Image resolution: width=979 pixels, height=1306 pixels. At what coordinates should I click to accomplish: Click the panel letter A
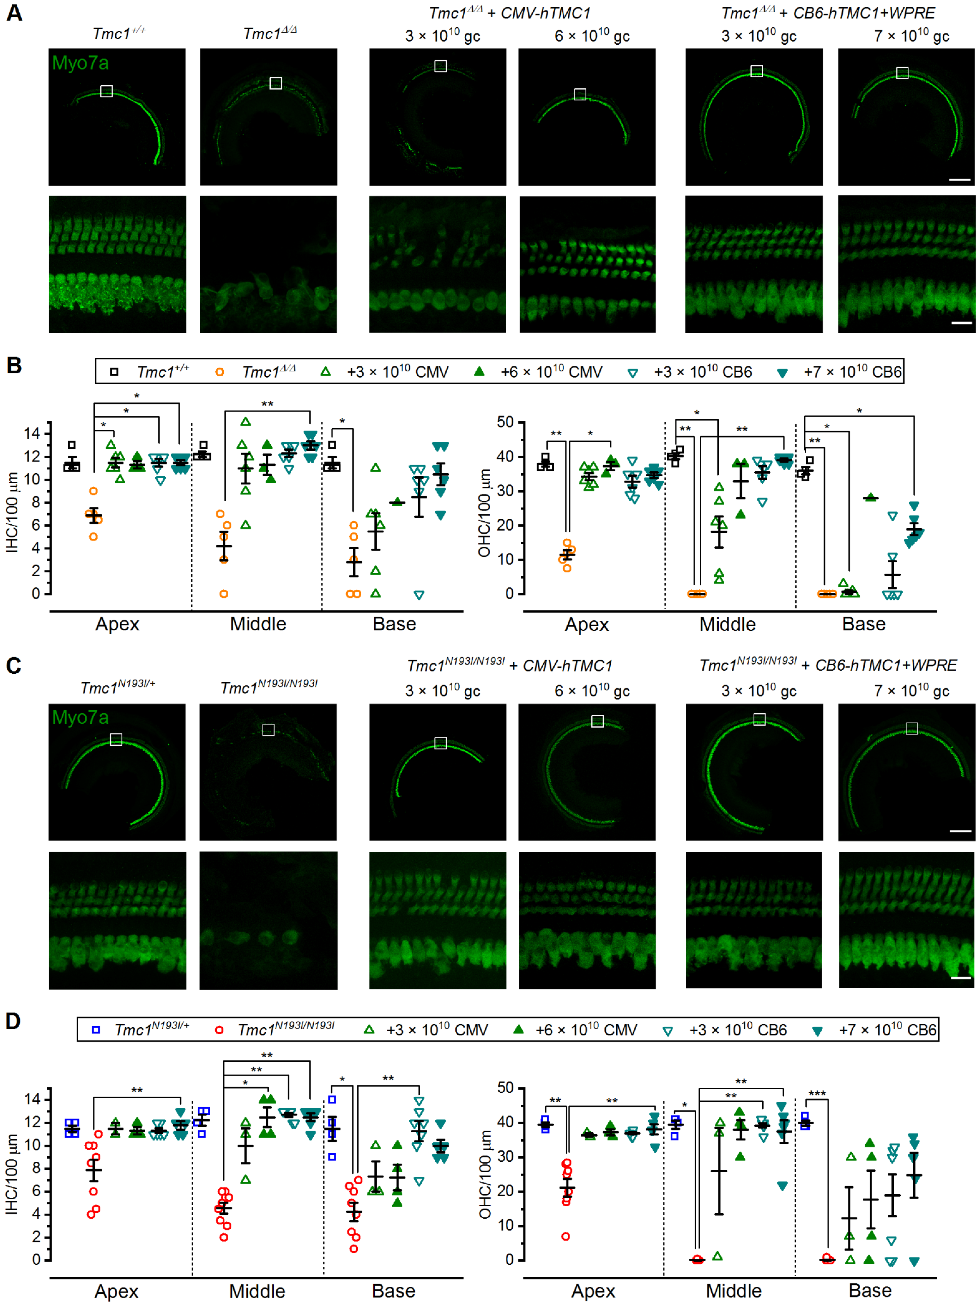pos(14,13)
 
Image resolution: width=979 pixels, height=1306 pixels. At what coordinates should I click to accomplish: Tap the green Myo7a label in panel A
pos(80,63)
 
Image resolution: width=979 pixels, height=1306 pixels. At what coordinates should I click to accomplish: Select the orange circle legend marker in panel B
pos(219,372)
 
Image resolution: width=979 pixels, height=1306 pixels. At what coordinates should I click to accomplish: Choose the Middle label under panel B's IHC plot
pos(258,624)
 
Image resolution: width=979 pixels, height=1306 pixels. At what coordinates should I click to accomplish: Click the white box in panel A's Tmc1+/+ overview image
pos(106,91)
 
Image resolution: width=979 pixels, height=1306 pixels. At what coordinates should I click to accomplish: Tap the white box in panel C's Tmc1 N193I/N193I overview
pos(268,730)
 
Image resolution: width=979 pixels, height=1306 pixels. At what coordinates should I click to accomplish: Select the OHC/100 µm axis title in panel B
pos(484,513)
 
